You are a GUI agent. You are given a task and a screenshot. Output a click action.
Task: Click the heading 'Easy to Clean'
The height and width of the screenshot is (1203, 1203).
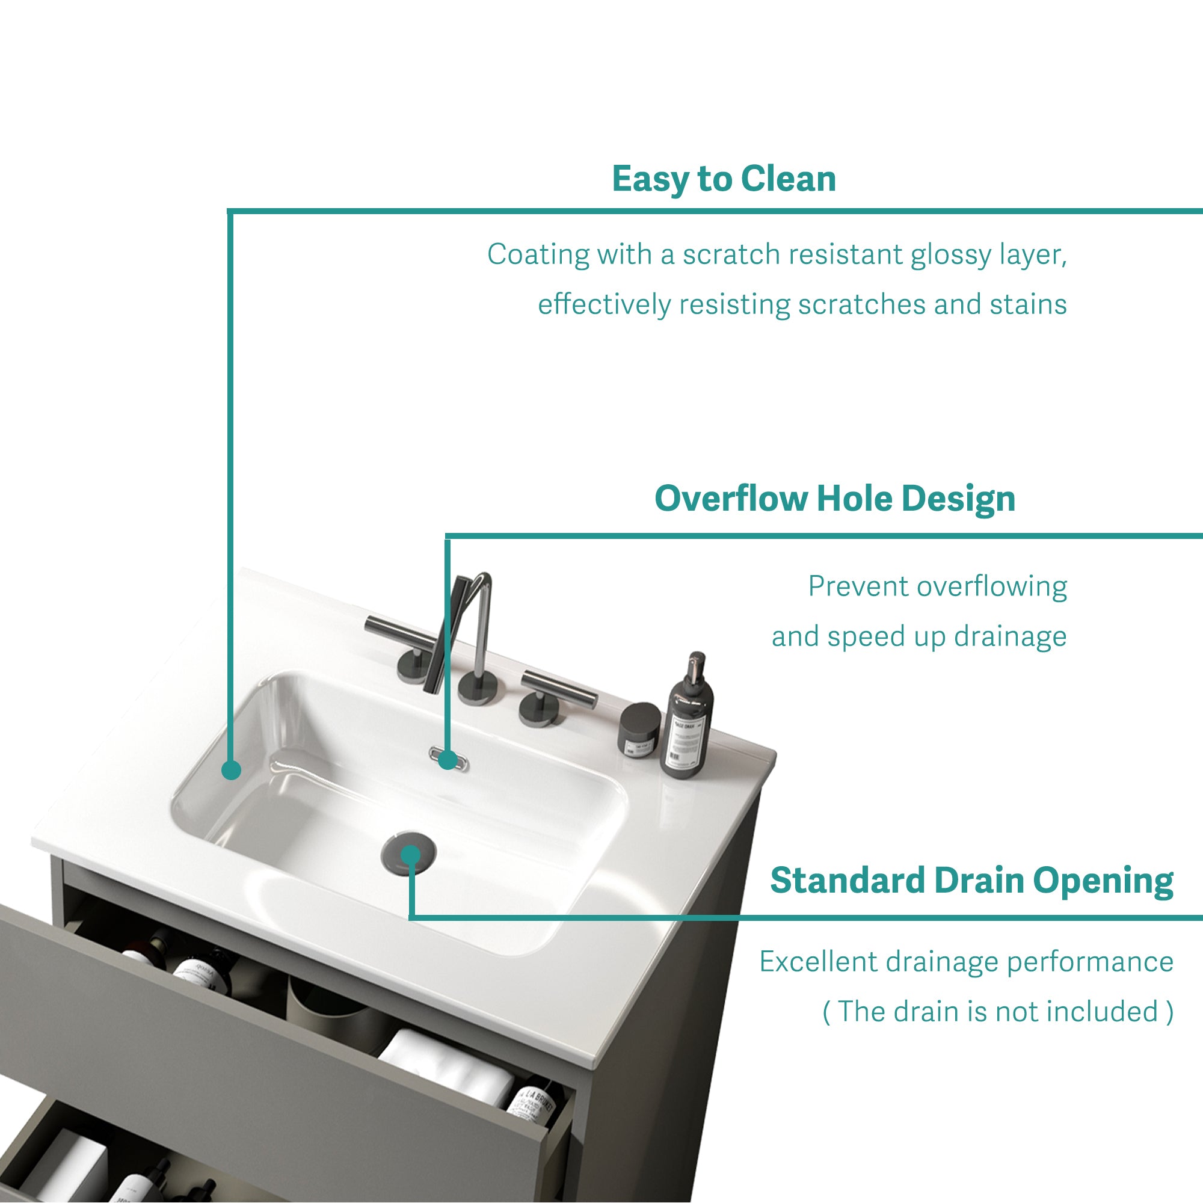[724, 179]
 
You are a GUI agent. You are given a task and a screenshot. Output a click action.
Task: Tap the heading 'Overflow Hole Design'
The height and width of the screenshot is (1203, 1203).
[835, 499]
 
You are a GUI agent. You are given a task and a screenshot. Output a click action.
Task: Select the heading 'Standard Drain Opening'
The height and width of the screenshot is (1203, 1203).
[971, 881]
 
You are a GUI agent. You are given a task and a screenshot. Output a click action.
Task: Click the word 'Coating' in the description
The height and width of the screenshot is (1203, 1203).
[538, 254]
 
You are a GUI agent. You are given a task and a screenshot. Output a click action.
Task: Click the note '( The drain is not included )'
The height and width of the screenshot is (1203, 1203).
[998, 1011]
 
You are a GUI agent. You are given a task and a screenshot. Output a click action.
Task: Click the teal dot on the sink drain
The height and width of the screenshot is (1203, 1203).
[411, 855]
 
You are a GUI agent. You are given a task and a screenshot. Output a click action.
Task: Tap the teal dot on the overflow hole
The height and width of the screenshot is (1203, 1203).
[448, 760]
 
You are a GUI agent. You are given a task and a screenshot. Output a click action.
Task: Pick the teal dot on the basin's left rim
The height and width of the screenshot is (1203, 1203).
[231, 771]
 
